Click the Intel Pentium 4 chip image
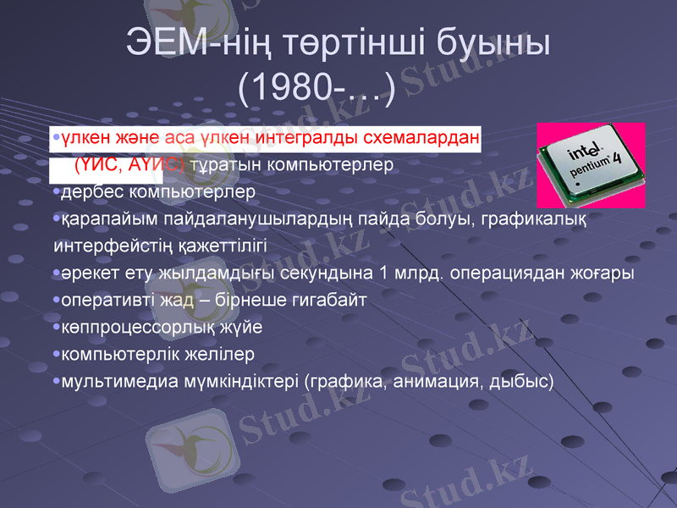pyautogui.click(x=592, y=165)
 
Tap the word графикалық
pyautogui.click(x=536, y=219)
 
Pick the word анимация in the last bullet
pyautogui.click(x=435, y=381)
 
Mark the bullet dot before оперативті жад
pyautogui.click(x=56, y=301)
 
